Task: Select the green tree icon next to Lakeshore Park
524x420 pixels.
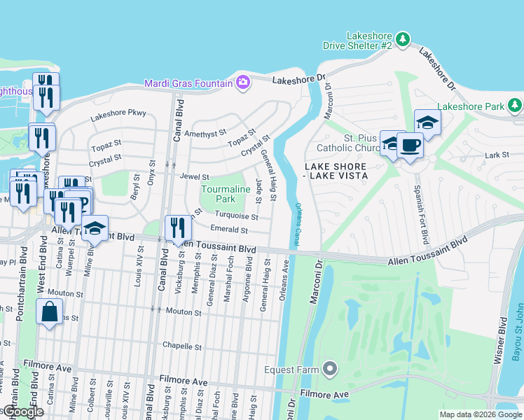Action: [x=515, y=106]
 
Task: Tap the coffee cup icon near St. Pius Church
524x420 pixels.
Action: [x=410, y=146]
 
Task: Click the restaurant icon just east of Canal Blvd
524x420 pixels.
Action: [x=178, y=227]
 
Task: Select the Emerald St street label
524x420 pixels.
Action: [x=229, y=230]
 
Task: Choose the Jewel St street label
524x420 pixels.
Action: [x=194, y=177]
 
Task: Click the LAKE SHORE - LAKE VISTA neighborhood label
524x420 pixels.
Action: [x=336, y=171]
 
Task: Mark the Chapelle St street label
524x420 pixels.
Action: [x=182, y=346]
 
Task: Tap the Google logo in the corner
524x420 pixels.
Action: [x=22, y=412]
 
